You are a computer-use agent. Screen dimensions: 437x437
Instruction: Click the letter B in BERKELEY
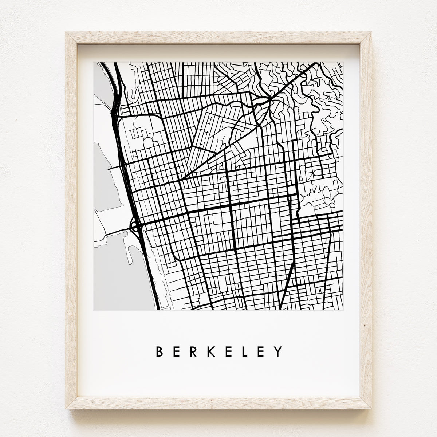point(160,351)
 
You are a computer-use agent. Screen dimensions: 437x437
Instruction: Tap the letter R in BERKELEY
point(195,351)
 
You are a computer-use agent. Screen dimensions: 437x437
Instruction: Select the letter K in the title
point(213,351)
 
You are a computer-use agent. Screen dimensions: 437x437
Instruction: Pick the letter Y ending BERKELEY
point(279,351)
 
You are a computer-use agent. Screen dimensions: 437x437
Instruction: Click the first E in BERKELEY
point(177,351)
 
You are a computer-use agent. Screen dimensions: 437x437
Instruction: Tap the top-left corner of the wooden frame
point(66,33)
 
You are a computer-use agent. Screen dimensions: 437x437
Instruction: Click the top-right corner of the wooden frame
point(371,33)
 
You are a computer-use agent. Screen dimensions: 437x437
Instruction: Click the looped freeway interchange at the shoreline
point(134,227)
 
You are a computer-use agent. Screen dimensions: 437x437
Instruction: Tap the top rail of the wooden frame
point(219,38)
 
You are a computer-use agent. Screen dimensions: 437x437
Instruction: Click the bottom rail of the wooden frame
point(219,403)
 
